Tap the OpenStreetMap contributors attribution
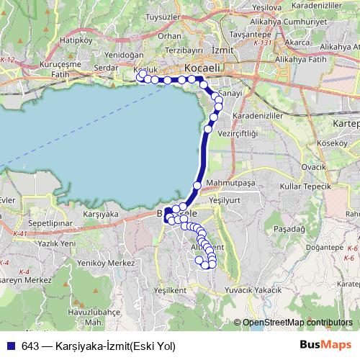tap(297, 323)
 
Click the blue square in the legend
tap(7, 346)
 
